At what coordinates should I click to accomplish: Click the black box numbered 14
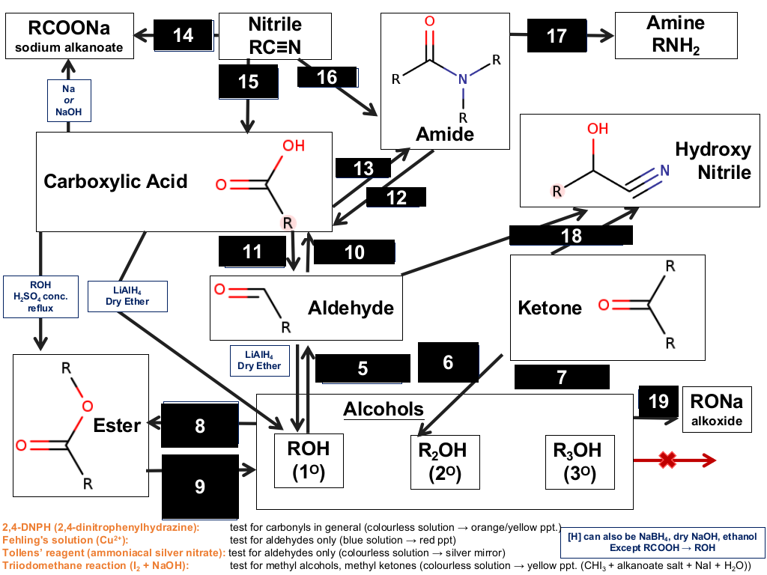click(x=184, y=35)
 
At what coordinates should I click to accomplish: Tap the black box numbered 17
click(x=557, y=35)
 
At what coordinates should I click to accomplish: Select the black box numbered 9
click(x=200, y=487)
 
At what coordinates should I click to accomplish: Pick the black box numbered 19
click(x=658, y=402)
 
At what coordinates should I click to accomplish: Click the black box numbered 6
click(x=448, y=362)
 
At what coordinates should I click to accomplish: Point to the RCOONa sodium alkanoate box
click(x=70, y=36)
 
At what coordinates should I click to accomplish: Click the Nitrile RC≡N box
click(x=275, y=36)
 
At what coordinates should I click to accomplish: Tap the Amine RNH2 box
click(x=676, y=36)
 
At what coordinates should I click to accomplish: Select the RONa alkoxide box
click(x=717, y=410)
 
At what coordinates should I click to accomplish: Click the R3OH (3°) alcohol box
click(x=580, y=462)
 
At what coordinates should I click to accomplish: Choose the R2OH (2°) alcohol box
click(x=445, y=462)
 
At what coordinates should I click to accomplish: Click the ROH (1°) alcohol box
click(x=309, y=460)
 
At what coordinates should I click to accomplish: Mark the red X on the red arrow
click(x=667, y=460)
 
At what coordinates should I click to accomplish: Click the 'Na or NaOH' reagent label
click(x=69, y=100)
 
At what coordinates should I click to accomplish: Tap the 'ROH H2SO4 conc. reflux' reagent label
click(x=40, y=296)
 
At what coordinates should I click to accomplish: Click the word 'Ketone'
click(x=550, y=308)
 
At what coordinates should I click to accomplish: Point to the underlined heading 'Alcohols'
click(x=383, y=410)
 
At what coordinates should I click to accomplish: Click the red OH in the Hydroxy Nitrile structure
click(x=598, y=129)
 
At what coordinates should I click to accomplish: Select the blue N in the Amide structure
click(x=463, y=79)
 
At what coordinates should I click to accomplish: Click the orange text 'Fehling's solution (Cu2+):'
click(x=65, y=540)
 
